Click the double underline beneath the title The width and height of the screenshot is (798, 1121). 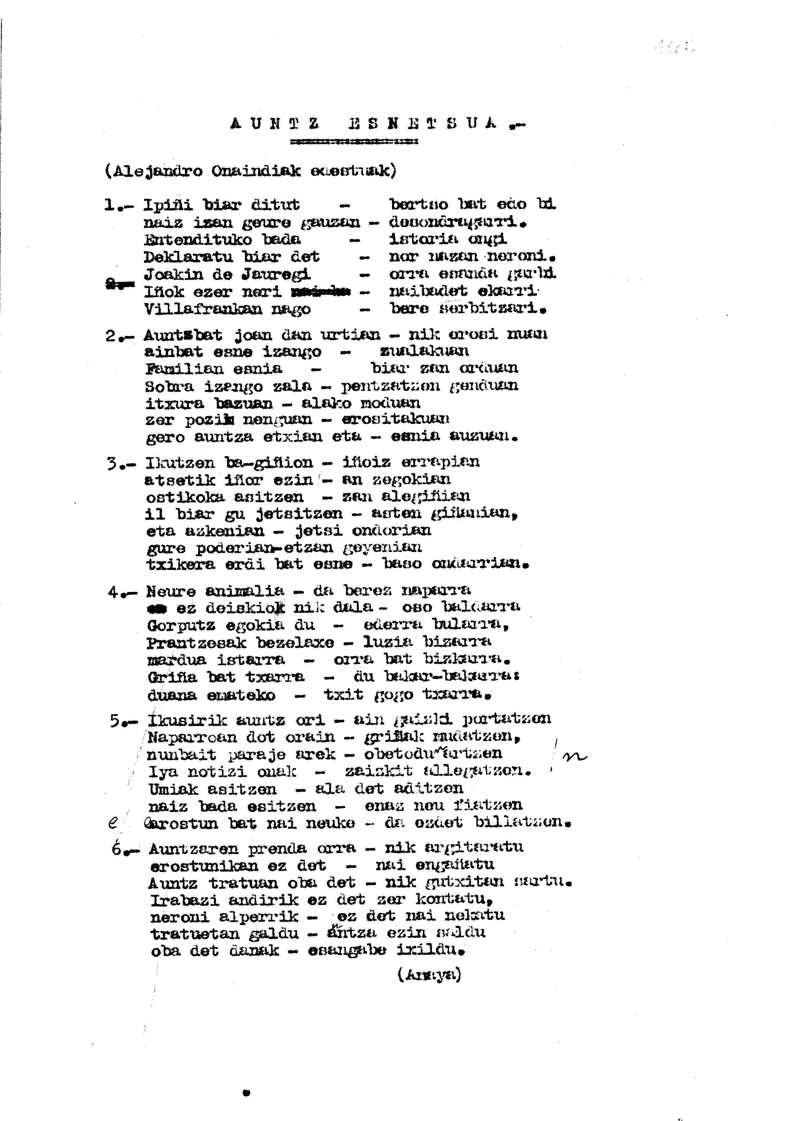point(354,142)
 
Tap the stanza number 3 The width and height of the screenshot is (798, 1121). point(112,463)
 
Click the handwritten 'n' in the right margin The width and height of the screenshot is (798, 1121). point(574,757)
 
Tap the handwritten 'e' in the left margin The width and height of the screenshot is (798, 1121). point(113,823)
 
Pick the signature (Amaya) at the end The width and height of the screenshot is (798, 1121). point(429,975)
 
